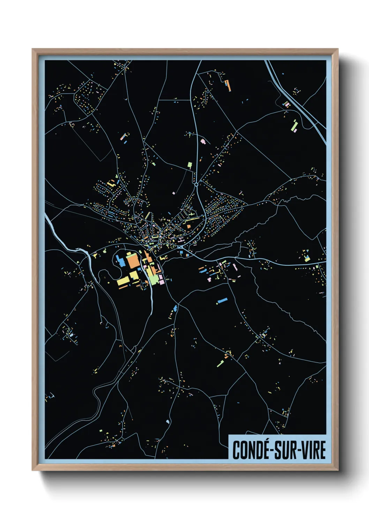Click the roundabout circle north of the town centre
pyautogui.click(x=196, y=184)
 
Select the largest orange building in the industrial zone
pyautogui.click(x=133, y=261)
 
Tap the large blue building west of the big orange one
pyautogui.click(x=120, y=260)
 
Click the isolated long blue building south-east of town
pyautogui.click(x=222, y=300)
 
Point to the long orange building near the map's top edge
pyautogui.click(x=228, y=85)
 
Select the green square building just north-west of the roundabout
pyautogui.click(x=190, y=164)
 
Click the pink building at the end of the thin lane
pyautogui.click(x=174, y=192)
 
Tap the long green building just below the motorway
pyautogui.click(x=293, y=126)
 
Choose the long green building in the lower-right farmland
pyautogui.click(x=221, y=363)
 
